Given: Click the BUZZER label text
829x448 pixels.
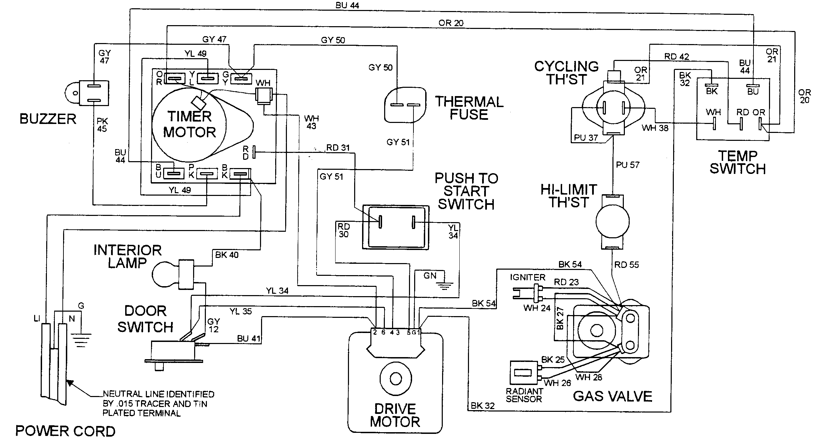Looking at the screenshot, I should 48,119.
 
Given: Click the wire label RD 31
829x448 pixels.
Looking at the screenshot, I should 338,148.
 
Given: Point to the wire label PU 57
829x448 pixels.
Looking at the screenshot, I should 628,165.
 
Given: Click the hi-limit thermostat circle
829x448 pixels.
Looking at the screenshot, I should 612,221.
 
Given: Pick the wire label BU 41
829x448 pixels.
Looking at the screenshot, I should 248,338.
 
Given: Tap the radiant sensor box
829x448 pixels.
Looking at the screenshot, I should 523,373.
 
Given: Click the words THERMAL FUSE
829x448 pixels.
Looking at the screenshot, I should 469,108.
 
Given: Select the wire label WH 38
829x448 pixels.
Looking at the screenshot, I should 655,128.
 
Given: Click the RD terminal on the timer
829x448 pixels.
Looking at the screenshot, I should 254,152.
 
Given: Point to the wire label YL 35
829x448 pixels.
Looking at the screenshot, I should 240,311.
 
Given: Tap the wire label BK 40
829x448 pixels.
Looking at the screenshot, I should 227,255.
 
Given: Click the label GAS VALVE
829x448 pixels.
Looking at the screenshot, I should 612,396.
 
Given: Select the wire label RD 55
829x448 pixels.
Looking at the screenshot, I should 626,265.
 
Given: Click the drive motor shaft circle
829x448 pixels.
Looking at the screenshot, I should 396,379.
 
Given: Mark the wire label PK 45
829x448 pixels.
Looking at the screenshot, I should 102,125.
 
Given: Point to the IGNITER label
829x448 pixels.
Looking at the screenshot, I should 528,278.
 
